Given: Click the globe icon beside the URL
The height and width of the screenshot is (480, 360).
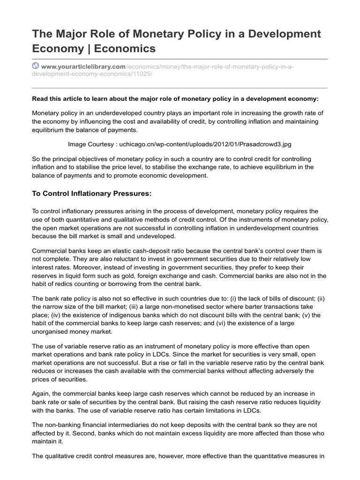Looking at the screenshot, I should (36, 67).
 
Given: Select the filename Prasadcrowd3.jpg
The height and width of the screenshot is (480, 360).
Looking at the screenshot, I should (270, 144).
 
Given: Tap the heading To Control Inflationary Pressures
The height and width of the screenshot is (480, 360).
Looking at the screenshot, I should (92, 194).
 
